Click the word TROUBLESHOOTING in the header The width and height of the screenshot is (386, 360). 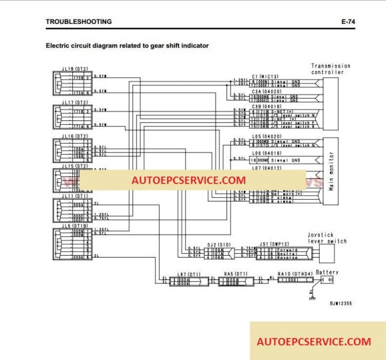(x=78, y=21)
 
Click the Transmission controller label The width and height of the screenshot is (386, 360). (x=331, y=69)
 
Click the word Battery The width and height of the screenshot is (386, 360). (x=327, y=272)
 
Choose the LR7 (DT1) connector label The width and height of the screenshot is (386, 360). (x=176, y=274)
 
